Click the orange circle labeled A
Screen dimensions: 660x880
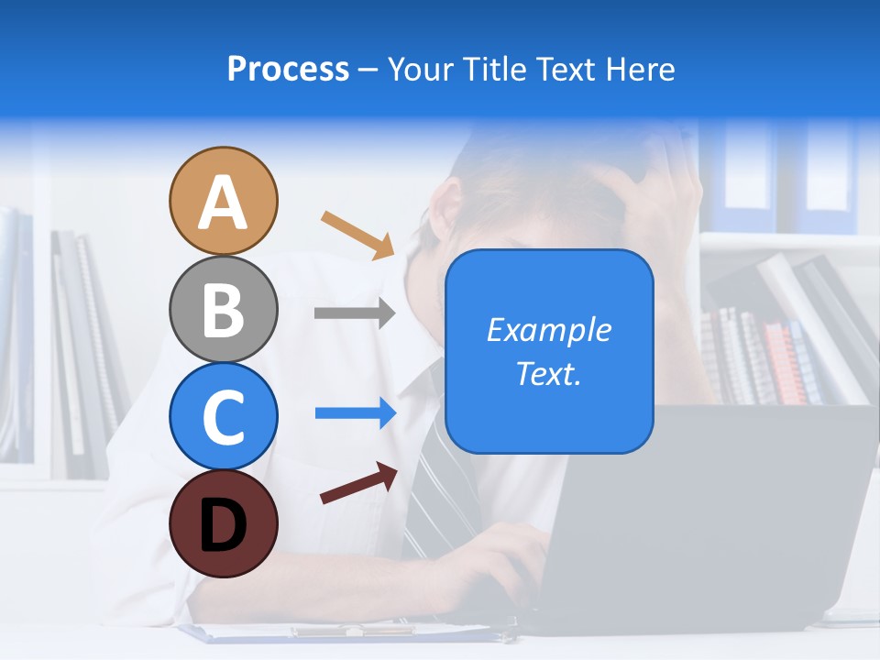coord(223,201)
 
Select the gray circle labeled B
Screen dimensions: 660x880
coord(223,309)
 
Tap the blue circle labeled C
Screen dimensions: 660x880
coord(223,416)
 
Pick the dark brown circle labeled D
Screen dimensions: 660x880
coord(223,523)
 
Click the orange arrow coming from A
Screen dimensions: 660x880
coord(357,235)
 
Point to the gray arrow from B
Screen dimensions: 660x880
coord(355,313)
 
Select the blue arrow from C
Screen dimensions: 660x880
coord(356,413)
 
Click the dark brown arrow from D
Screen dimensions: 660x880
coord(358,483)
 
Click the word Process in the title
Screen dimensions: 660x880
coord(288,69)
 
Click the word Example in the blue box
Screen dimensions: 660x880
coord(548,330)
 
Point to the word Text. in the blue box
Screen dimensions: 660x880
coord(548,373)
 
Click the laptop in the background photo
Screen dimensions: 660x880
coord(715,522)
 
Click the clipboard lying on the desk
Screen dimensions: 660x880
coord(348,632)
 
